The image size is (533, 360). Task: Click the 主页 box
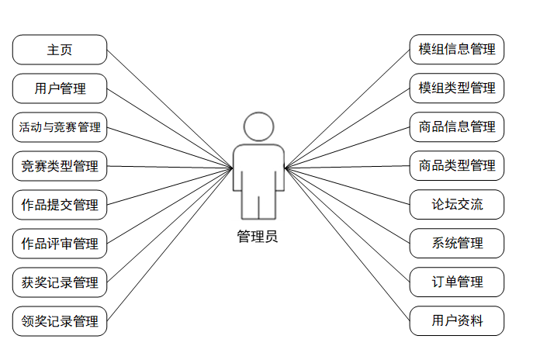tap(60, 50)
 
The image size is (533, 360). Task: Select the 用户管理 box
tap(60, 88)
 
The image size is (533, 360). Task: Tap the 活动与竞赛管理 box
tap(60, 127)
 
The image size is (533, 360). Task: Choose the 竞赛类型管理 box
tap(60, 166)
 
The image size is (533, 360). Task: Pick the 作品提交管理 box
tap(60, 205)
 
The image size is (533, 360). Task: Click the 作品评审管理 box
tap(60, 244)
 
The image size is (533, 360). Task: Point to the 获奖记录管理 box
tap(60, 282)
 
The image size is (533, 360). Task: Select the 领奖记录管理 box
tap(60, 321)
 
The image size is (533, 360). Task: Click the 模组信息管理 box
tap(457, 50)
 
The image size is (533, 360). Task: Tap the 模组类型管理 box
tap(457, 88)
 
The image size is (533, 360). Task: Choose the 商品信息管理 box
tap(457, 127)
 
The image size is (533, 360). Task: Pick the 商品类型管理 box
tap(457, 166)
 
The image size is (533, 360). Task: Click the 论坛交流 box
tap(457, 205)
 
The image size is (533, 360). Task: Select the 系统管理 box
tap(457, 244)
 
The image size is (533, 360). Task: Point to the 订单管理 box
tap(457, 282)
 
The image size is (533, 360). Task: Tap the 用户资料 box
tap(457, 321)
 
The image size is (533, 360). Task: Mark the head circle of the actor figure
tap(259, 127)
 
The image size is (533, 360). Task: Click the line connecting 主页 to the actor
tap(169, 109)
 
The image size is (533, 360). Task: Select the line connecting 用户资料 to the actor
tap(348, 244)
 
